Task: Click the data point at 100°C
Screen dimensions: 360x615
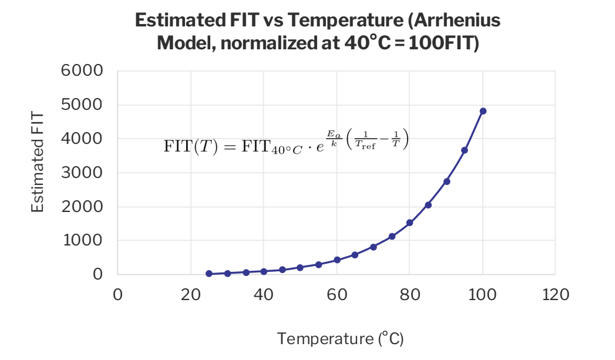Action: pos(483,111)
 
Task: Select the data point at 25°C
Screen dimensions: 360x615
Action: pos(209,274)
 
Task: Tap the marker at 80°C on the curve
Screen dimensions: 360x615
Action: pos(410,223)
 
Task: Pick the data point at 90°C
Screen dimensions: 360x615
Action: pos(446,181)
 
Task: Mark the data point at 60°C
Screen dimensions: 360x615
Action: pos(337,260)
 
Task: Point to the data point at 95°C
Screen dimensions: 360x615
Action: pos(465,150)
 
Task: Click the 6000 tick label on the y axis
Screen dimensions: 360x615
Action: pos(82,72)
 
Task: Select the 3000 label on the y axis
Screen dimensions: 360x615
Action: pos(82,173)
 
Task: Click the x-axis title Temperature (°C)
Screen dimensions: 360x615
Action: pos(341,339)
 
